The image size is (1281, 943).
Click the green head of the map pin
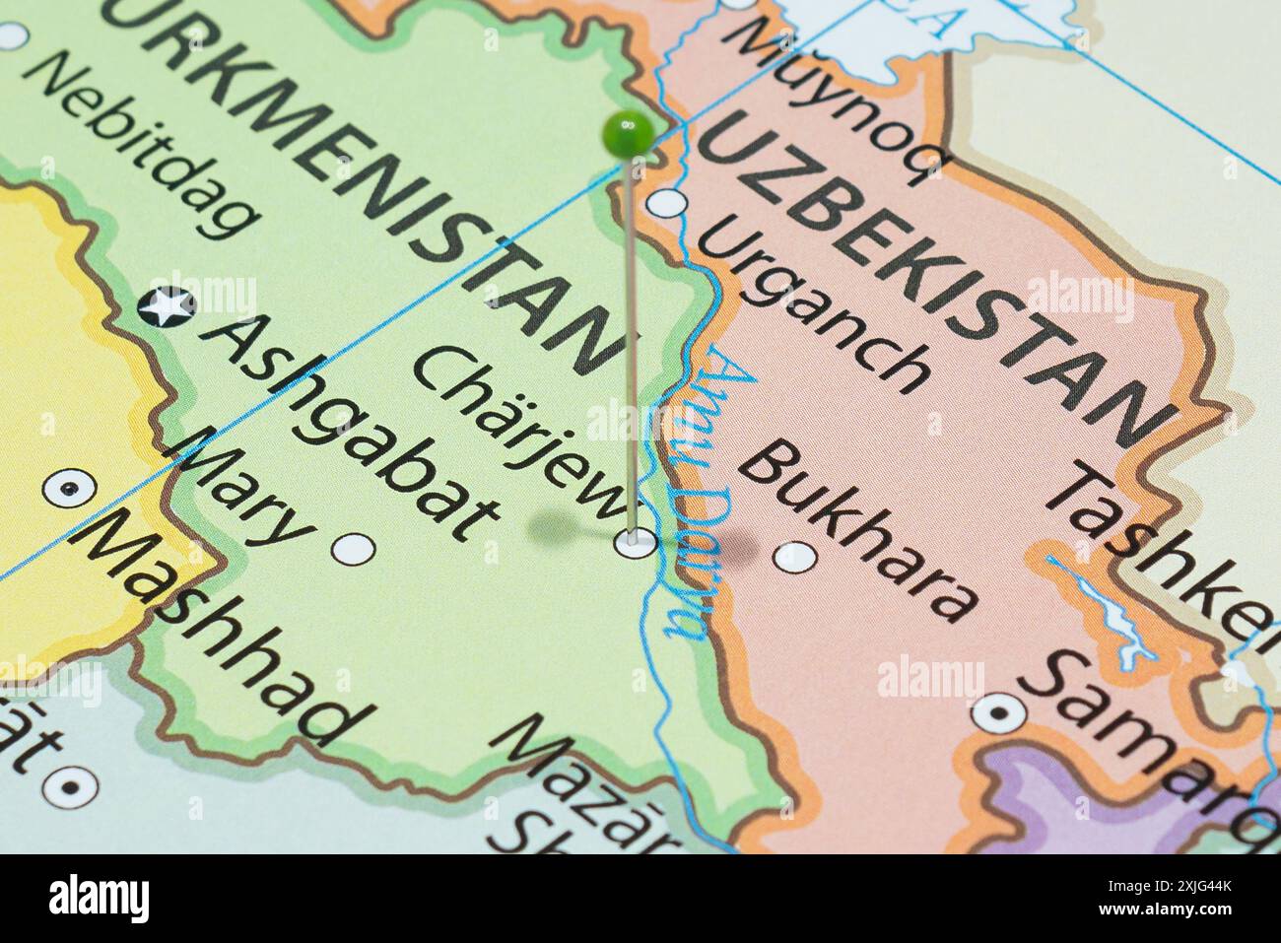pos(627,133)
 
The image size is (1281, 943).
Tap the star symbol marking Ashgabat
pos(167,306)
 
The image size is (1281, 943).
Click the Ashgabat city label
pos(350,430)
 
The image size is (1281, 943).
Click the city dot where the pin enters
pos(635,541)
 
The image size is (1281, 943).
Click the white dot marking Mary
pos(352,548)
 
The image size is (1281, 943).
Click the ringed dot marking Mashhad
pos(70,487)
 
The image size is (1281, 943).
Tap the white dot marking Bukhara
pos(794,558)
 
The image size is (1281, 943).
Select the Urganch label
pos(814,304)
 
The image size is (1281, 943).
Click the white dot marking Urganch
pos(671,204)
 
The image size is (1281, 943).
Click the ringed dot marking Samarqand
pos(999,711)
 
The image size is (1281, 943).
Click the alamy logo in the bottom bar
pos(100,899)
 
